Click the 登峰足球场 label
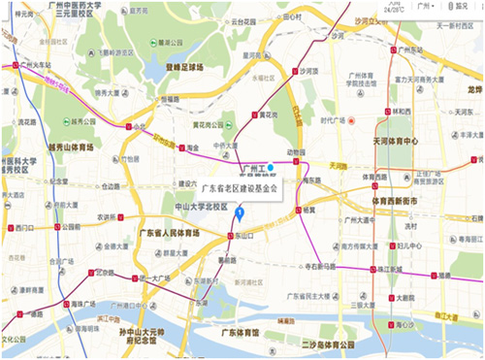point(184,68)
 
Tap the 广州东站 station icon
point(393,49)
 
